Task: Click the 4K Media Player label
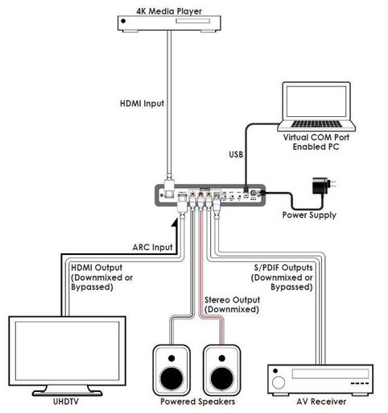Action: coord(169,11)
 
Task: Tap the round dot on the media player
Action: coord(123,21)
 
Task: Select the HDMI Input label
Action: coord(142,104)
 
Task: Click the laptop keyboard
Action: coord(316,123)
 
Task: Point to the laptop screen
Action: coord(316,102)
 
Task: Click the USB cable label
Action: coord(236,154)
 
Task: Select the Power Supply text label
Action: coord(309,215)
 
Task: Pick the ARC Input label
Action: coord(152,248)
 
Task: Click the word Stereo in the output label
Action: coord(217,300)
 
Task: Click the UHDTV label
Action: coord(66,402)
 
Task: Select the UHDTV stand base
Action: coord(67,393)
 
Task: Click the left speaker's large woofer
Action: coord(171,378)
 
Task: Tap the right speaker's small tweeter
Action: coord(221,358)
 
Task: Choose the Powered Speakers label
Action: coord(197,402)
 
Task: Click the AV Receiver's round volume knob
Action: coord(279,382)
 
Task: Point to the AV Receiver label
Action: coord(321,402)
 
